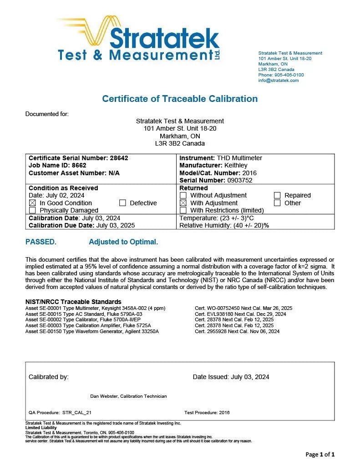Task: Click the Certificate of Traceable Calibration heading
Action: [180, 99]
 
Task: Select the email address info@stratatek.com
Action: [279, 81]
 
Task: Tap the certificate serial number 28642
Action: [119, 158]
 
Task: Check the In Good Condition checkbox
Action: [32, 203]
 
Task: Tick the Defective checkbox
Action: [122, 203]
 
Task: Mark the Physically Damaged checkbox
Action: [32, 210]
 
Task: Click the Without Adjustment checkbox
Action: [183, 195]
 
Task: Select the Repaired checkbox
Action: [277, 195]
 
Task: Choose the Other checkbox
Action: [277, 203]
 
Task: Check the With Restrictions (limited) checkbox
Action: [183, 210]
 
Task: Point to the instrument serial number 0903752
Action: [237, 180]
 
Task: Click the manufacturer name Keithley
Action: [237, 165]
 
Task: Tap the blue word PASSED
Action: [41, 242]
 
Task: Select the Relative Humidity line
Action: [224, 225]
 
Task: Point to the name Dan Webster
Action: [104, 396]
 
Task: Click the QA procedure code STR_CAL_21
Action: [77, 413]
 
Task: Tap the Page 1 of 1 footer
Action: [320, 454]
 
